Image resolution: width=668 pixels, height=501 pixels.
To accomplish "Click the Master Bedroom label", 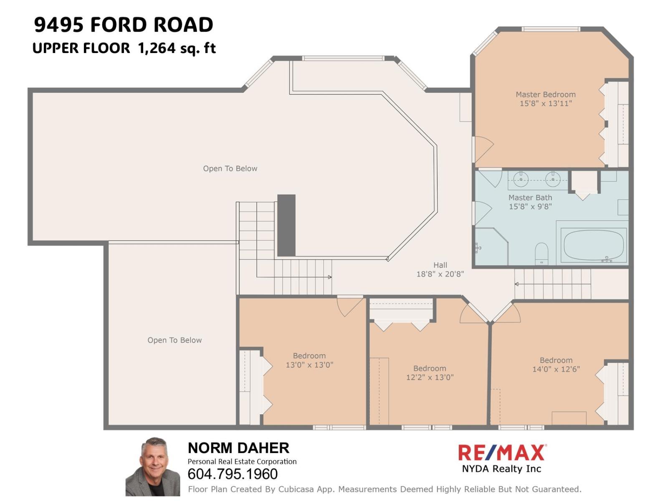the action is [x=545, y=95].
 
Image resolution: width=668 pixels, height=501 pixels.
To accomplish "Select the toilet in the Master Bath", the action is [x=541, y=253].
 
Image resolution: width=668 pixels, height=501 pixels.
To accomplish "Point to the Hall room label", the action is [x=440, y=265].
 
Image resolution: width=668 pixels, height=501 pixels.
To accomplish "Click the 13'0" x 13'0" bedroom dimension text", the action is [x=309, y=365].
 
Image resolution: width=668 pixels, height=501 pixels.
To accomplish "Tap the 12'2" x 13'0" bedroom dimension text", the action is [x=430, y=377].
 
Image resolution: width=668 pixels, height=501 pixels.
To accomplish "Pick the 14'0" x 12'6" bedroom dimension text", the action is [x=556, y=369].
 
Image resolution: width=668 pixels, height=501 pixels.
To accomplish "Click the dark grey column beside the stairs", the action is [x=286, y=225].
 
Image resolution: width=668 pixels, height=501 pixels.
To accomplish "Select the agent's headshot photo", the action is [x=153, y=467].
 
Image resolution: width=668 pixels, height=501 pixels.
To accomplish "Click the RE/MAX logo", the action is [x=501, y=452].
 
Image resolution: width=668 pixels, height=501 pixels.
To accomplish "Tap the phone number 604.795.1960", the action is [x=233, y=474].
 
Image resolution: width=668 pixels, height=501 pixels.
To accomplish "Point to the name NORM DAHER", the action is [x=238, y=448].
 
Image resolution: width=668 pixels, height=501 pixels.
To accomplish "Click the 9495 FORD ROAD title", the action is [x=124, y=25].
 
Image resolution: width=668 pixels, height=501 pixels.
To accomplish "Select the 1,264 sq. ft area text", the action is [x=177, y=48].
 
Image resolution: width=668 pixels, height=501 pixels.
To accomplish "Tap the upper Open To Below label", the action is [x=230, y=169].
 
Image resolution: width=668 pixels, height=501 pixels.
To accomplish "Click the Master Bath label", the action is [x=530, y=198].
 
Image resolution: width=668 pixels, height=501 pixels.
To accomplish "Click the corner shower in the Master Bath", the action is [x=491, y=246].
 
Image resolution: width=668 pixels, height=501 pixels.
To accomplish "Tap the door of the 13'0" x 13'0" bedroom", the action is [x=350, y=306].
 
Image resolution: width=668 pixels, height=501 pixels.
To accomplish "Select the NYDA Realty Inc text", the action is [x=501, y=469].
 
